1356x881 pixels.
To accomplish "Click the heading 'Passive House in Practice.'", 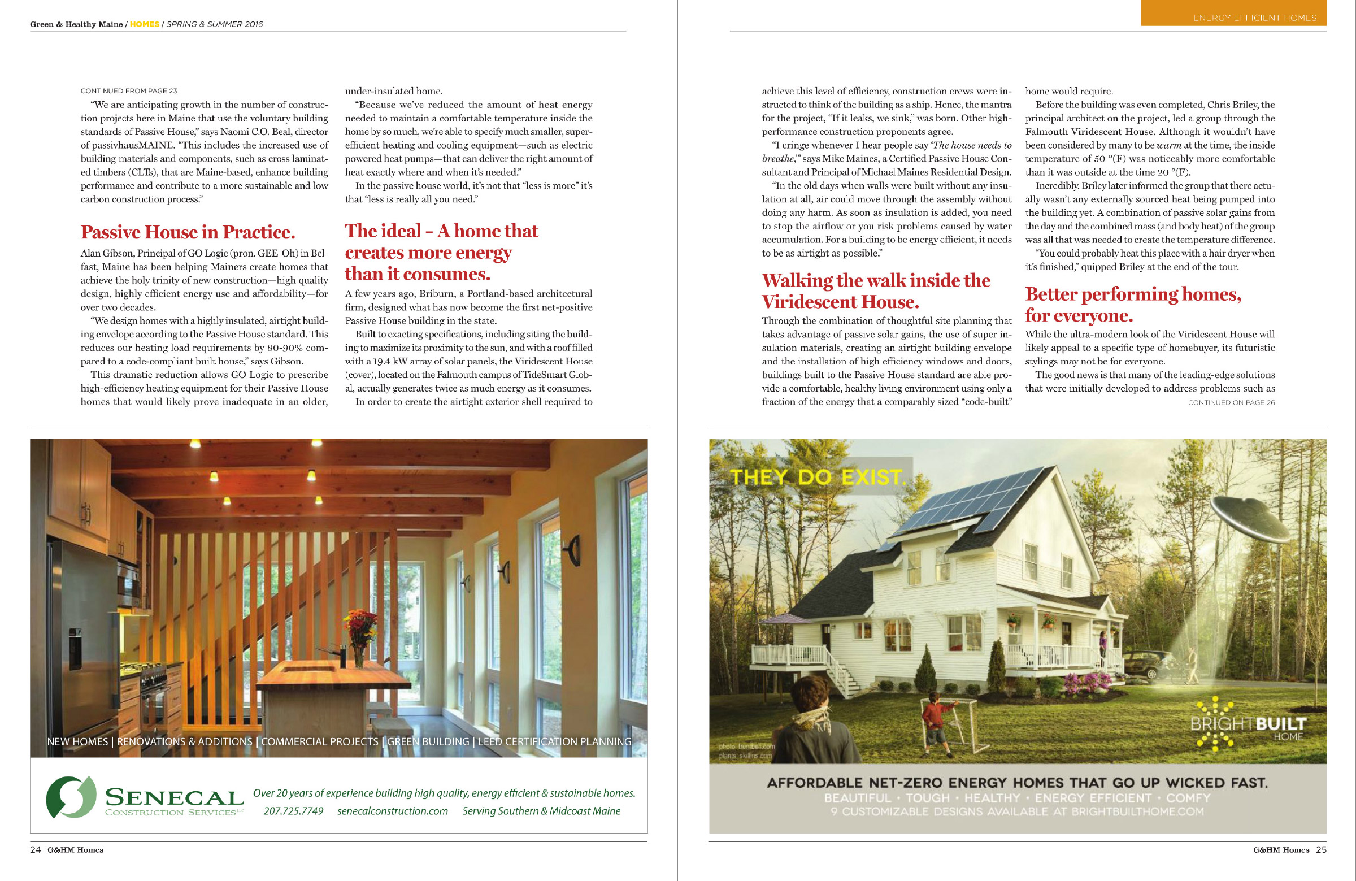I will [188, 232].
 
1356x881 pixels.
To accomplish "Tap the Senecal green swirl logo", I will [71, 797].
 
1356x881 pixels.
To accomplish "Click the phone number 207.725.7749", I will [293, 811].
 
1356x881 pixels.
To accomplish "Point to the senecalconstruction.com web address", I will [393, 811].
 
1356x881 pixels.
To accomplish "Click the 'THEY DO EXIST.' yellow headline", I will [818, 477].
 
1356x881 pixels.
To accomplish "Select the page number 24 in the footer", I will [36, 850].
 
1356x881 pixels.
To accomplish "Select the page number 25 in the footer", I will [1320, 850].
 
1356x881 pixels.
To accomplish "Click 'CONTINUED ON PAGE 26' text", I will [1231, 403].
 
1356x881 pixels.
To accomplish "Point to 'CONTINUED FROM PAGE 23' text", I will [129, 90].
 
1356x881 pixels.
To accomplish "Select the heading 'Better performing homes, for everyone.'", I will [1133, 304].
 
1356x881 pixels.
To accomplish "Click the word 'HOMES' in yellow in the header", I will [145, 24].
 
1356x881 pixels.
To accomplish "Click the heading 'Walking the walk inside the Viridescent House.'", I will [876, 290].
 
